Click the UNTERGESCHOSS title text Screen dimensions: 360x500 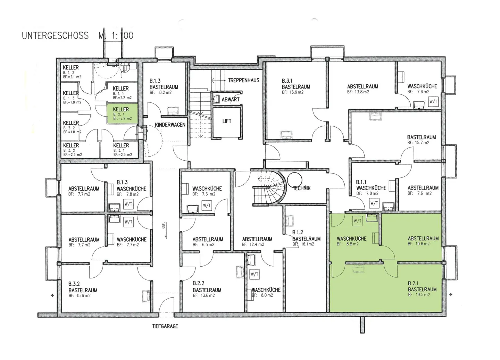55,35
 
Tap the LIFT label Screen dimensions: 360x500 227,121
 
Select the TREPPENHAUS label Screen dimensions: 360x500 243,80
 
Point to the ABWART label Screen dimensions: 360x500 231,99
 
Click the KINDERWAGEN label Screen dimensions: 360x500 170,125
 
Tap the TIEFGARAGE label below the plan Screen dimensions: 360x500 165,326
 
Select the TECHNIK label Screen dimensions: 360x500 302,188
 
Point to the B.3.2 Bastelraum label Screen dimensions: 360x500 83,287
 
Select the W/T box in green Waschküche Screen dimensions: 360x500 357,221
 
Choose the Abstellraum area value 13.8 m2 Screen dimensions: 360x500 358,92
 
